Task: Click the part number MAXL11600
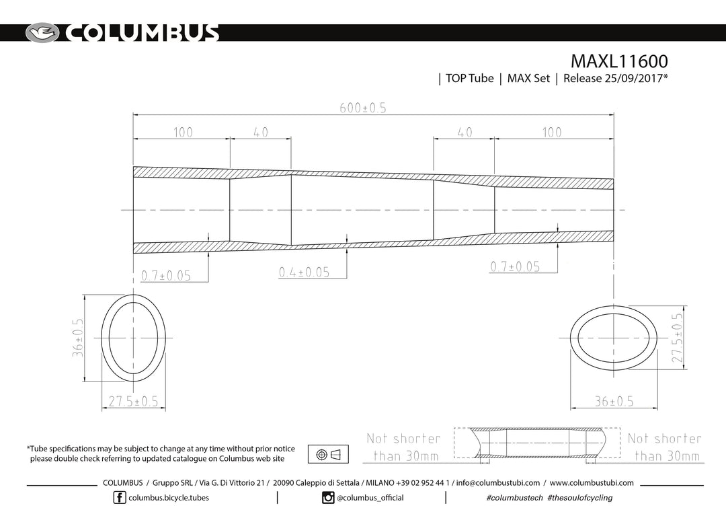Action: (x=619, y=61)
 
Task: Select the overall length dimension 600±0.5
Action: (x=363, y=108)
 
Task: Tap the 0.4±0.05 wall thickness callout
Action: (x=305, y=272)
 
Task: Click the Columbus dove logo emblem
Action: (x=42, y=33)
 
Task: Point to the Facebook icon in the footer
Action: (x=120, y=498)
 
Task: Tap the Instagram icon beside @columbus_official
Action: (x=328, y=498)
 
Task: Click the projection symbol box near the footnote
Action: (x=328, y=454)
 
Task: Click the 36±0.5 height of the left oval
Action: (x=78, y=338)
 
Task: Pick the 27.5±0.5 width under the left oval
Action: (x=133, y=401)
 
